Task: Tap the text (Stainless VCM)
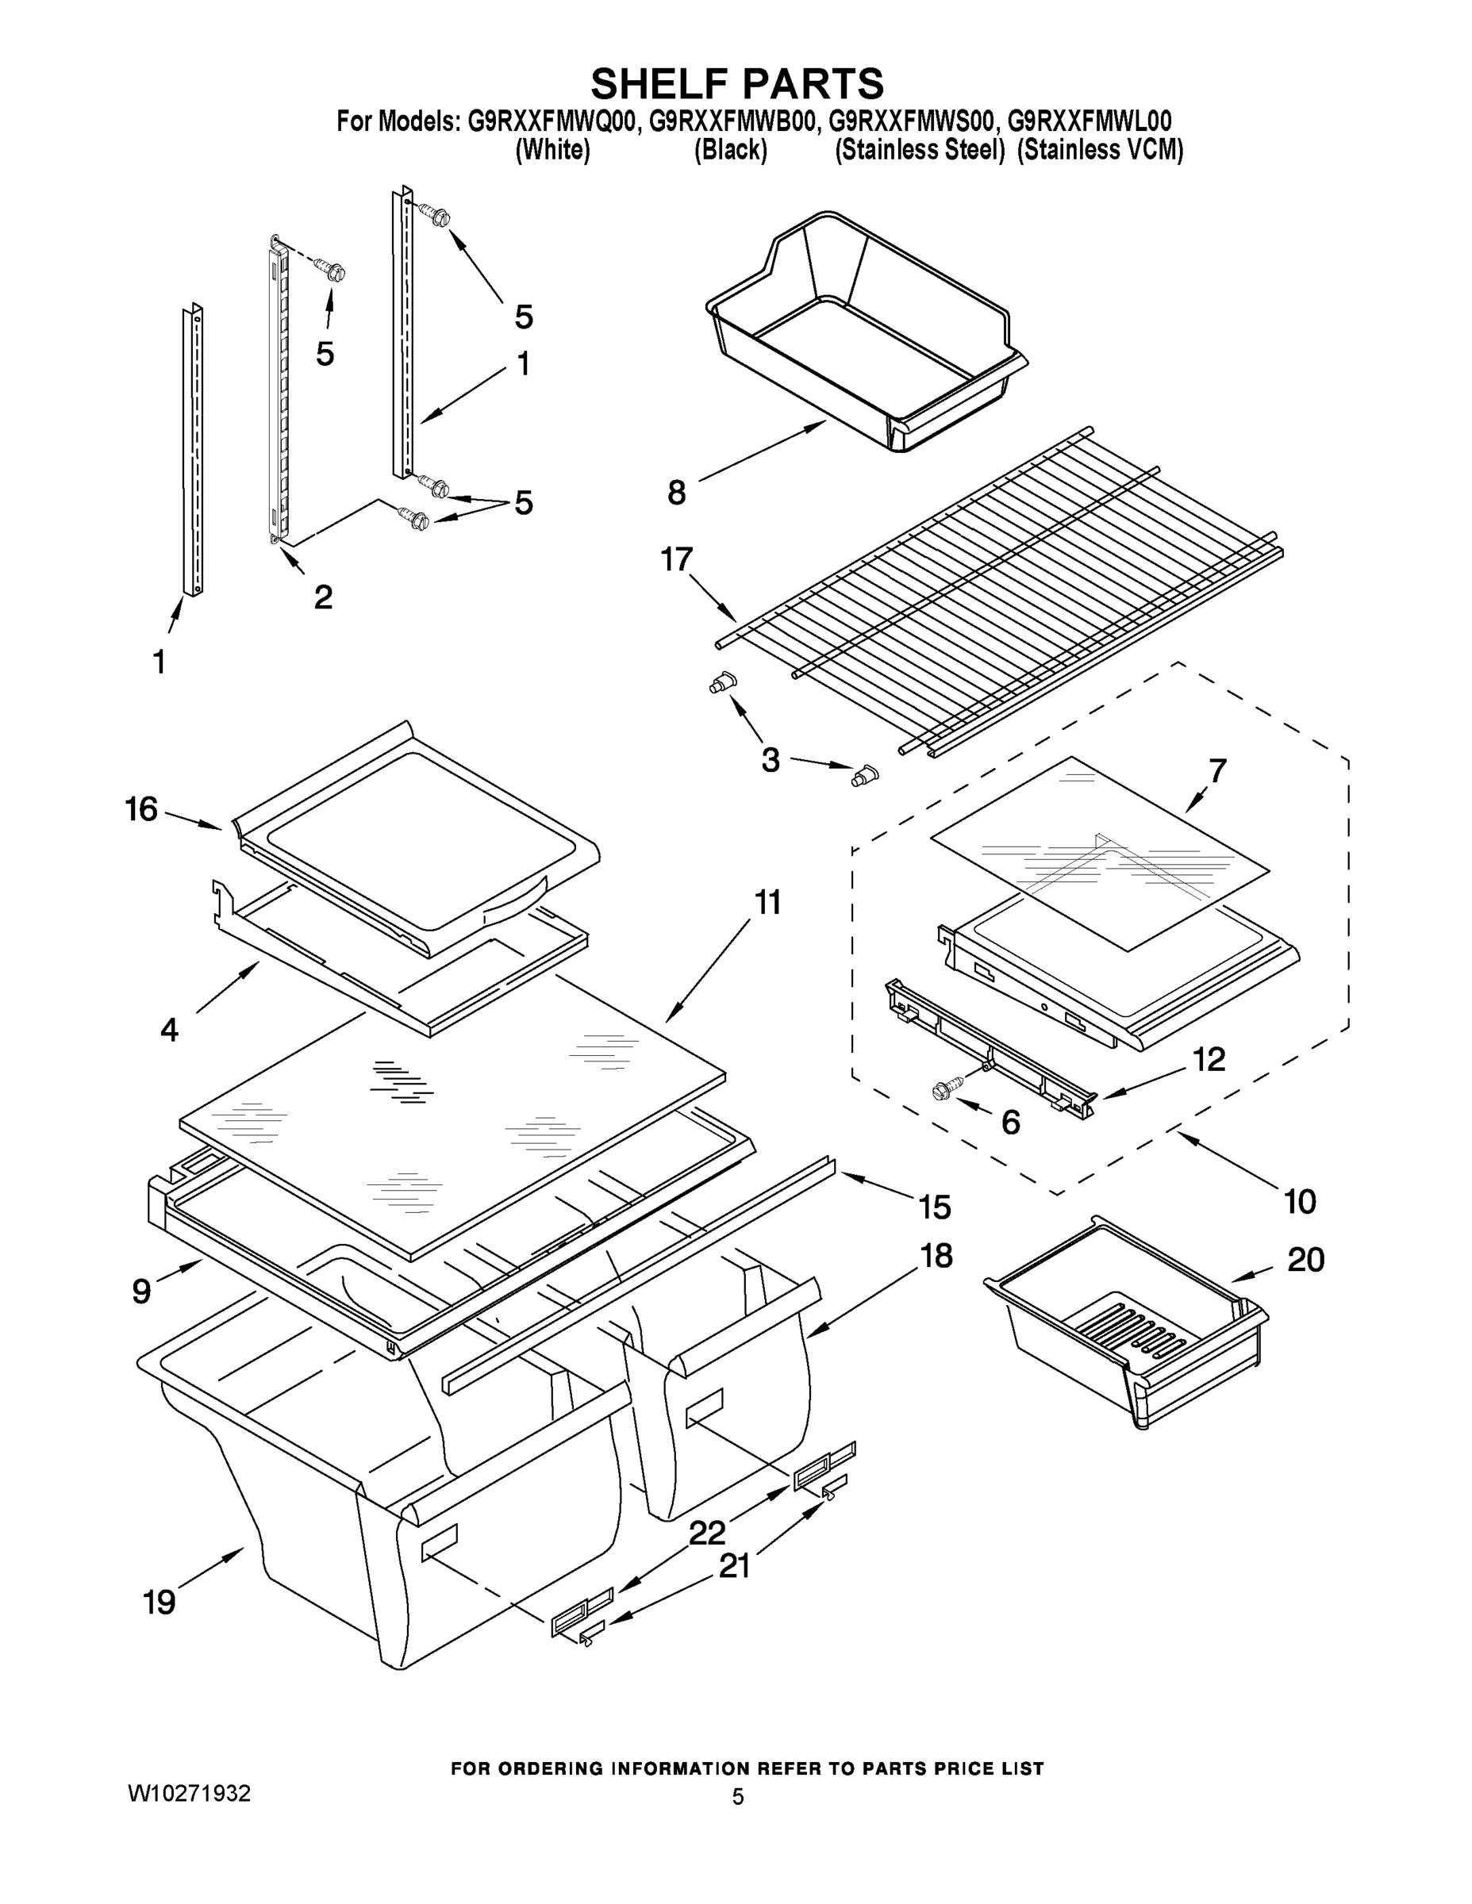pos(1101,151)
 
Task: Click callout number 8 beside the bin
pos(677,493)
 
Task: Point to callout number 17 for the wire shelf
pos(677,559)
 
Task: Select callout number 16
pos(141,809)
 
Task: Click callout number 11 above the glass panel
pos(767,902)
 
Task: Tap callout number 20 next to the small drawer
pos(1305,1260)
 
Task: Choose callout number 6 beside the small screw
pos(1011,1122)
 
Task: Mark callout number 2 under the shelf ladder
pos(323,597)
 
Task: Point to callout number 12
pos(1209,1059)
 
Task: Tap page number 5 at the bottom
pos(738,1797)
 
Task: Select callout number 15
pos(934,1207)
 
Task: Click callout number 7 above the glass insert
pos(1217,770)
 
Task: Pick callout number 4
pos(169,1030)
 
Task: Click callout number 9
pos(141,1291)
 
